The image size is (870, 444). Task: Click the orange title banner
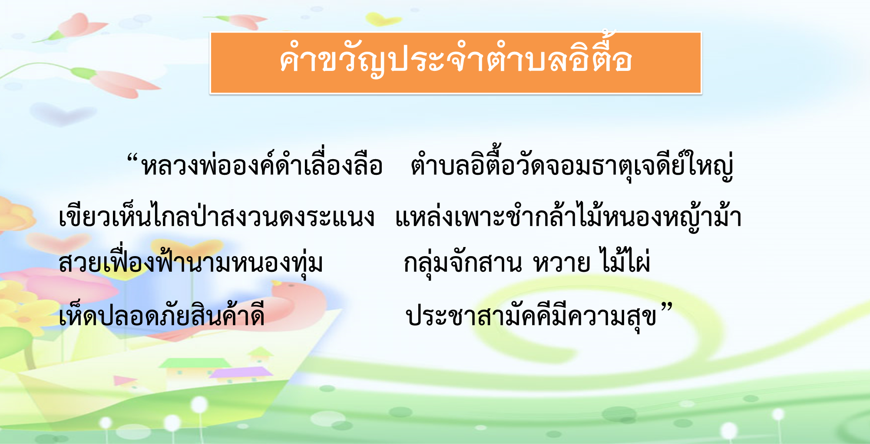click(x=456, y=63)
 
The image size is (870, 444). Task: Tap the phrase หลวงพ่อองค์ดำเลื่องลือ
click(x=262, y=165)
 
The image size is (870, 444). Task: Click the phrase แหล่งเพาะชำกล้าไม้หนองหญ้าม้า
click(x=568, y=215)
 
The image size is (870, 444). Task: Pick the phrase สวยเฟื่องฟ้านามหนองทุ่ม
click(x=191, y=261)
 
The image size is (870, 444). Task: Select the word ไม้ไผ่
click(x=624, y=260)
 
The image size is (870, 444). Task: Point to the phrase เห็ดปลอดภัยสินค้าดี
click(x=162, y=314)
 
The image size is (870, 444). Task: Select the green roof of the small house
click(x=180, y=364)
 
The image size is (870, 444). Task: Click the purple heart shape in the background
click(x=63, y=114)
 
